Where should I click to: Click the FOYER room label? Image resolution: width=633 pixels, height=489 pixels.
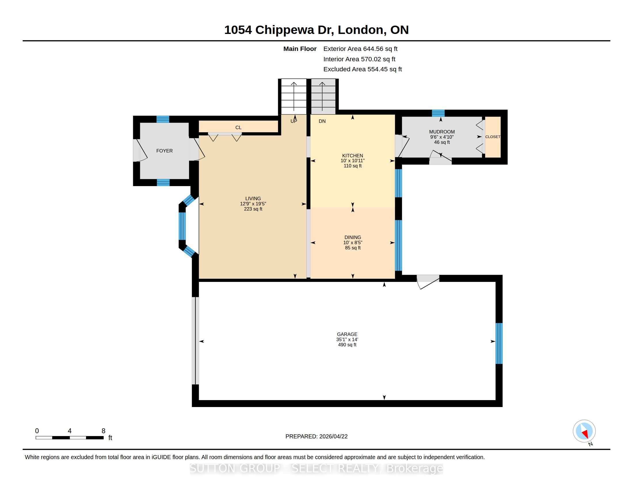pyautogui.click(x=164, y=151)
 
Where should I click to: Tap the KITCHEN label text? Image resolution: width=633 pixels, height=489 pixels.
pyautogui.click(x=352, y=156)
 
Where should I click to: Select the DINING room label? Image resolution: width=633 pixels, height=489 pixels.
pyautogui.click(x=353, y=237)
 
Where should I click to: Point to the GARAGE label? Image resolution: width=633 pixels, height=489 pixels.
pyautogui.click(x=347, y=334)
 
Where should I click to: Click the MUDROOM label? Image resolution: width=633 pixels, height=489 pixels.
pyautogui.click(x=442, y=132)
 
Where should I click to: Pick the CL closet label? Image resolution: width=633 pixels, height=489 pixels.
pyautogui.click(x=238, y=127)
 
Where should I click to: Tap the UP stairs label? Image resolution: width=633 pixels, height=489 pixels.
pyautogui.click(x=293, y=121)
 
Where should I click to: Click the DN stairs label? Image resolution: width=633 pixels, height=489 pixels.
pyautogui.click(x=322, y=121)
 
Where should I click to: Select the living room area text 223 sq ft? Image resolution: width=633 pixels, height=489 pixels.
pyautogui.click(x=253, y=209)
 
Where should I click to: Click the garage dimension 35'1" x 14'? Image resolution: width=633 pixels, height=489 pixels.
pyautogui.click(x=347, y=339)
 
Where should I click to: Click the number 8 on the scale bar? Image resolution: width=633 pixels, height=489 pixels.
pyautogui.click(x=104, y=431)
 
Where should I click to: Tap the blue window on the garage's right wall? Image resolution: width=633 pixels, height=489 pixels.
pyautogui.click(x=499, y=343)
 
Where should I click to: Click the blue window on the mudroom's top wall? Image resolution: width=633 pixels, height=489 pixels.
pyautogui.click(x=438, y=113)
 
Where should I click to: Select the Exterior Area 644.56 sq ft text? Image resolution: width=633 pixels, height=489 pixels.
pyautogui.click(x=360, y=49)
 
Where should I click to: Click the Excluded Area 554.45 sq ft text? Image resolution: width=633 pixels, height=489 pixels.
pyautogui.click(x=363, y=69)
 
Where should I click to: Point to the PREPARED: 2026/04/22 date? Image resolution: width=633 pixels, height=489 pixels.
pyautogui.click(x=316, y=436)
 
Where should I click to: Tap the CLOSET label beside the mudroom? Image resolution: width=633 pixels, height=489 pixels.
pyautogui.click(x=493, y=137)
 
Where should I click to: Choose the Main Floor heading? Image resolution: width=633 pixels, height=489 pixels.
pyautogui.click(x=300, y=49)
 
